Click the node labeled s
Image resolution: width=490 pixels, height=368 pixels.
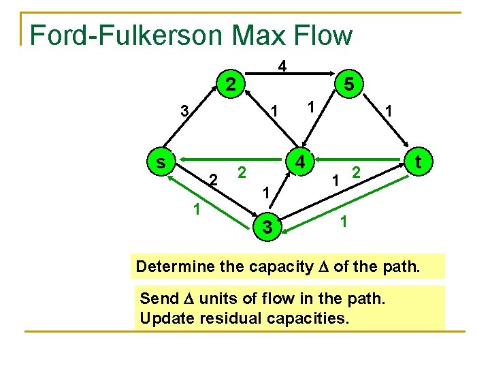click(x=160, y=162)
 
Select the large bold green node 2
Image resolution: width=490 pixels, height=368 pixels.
click(x=231, y=85)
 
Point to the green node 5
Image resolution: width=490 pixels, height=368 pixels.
click(x=348, y=85)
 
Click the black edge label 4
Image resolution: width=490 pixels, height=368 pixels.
click(x=281, y=66)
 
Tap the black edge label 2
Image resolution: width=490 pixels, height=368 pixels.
click(x=212, y=180)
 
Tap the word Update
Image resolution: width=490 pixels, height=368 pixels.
click(x=162, y=318)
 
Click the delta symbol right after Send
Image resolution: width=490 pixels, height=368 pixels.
click(x=179, y=298)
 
